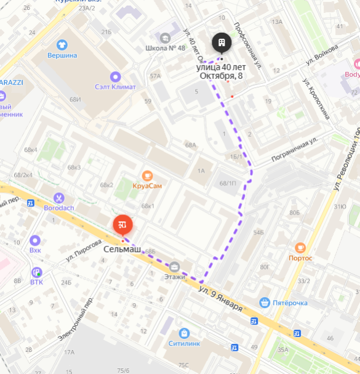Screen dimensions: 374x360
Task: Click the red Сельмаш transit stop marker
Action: pos(122,224)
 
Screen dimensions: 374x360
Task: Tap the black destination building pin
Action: pos(222,43)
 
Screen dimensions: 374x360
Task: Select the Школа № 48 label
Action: pos(165,47)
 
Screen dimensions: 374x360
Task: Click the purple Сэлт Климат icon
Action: pos(115,76)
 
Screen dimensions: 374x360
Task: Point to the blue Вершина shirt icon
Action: pos(62,44)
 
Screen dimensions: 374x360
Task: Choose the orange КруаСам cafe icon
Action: pos(147,175)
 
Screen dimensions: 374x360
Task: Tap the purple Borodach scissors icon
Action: pos(59,198)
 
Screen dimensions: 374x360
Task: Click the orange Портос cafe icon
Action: pos(300,248)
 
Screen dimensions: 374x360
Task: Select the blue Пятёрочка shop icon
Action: pos(265,302)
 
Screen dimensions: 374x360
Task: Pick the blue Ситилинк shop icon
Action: pos(183,333)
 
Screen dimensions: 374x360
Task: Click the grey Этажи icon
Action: pos(175,267)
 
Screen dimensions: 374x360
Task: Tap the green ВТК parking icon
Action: pos(37,272)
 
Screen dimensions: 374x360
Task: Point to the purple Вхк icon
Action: pos(35,240)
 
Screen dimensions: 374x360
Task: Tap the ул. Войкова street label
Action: pos(322,54)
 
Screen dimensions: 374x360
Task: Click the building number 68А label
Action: pos(190,145)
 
